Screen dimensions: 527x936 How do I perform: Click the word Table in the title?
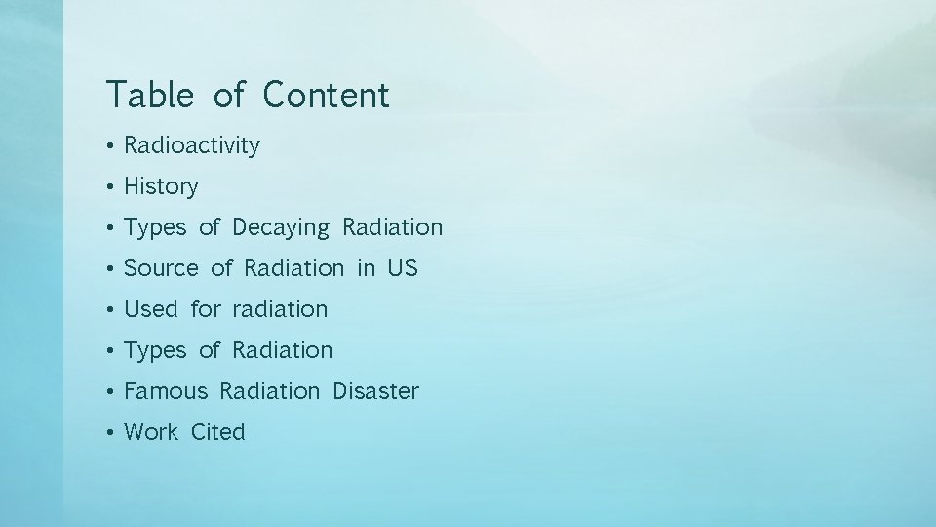tap(149, 95)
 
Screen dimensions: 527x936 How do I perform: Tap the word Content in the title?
tap(326, 95)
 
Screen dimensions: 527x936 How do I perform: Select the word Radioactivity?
tap(192, 145)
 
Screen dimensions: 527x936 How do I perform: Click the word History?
tap(161, 186)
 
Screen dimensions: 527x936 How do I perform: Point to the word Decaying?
tap(281, 227)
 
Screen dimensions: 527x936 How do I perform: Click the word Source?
tap(161, 268)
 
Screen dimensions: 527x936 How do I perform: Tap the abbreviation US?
tap(402, 268)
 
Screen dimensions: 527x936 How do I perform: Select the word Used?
tap(151, 309)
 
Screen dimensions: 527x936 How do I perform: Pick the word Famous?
tap(166, 391)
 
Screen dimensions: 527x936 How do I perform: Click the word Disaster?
tap(375, 391)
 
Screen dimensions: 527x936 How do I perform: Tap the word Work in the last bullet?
tap(151, 432)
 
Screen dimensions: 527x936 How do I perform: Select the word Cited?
tap(218, 432)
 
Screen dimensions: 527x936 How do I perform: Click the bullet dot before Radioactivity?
tap(113, 146)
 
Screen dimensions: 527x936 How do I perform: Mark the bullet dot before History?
tap(113, 187)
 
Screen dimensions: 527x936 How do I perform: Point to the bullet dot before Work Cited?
tap(113, 433)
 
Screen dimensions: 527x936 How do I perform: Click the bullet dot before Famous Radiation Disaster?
tap(113, 392)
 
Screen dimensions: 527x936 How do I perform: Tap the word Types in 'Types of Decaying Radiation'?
tap(155, 227)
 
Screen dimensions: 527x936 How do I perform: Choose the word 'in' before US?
tap(366, 268)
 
